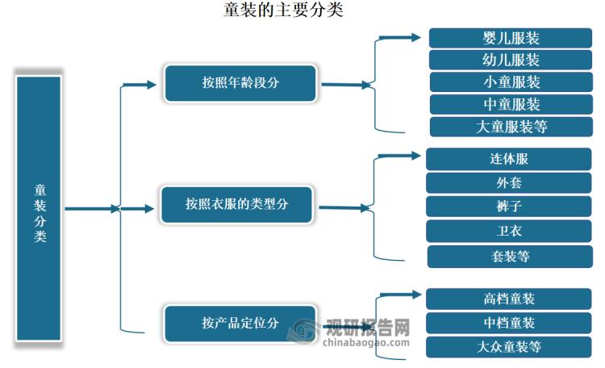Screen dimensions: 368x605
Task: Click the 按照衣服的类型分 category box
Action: (x=236, y=204)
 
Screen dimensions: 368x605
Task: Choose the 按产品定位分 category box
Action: (x=240, y=323)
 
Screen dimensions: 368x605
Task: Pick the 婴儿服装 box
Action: (x=511, y=38)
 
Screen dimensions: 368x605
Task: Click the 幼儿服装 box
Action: (x=511, y=60)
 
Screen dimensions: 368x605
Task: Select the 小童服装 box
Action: (x=511, y=82)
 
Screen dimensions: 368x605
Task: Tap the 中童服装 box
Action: (x=511, y=104)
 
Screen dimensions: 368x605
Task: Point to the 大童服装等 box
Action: (x=511, y=127)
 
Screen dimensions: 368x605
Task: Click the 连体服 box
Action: (x=509, y=159)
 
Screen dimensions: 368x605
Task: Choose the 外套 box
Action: (x=509, y=182)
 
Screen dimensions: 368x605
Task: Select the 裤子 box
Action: (x=509, y=207)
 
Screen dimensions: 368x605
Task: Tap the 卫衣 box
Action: (x=509, y=231)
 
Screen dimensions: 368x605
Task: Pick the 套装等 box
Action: (x=509, y=257)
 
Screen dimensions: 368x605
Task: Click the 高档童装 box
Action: (x=509, y=299)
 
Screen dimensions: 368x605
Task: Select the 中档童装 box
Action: (x=509, y=323)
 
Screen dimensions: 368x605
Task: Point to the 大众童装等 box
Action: (x=509, y=347)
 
